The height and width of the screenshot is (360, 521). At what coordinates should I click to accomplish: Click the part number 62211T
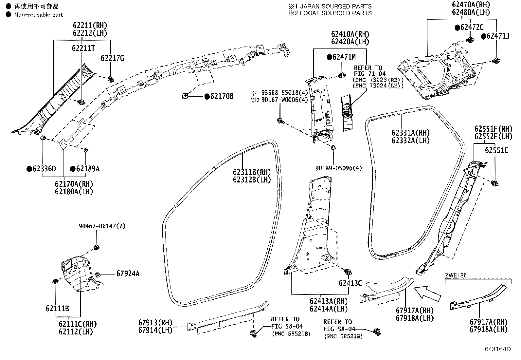point(83,48)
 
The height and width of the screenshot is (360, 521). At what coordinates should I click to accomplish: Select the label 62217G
point(112,58)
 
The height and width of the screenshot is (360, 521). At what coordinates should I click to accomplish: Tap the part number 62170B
point(222,96)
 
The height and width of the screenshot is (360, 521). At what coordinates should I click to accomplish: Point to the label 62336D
point(44,168)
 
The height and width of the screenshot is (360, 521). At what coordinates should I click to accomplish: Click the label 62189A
point(88,168)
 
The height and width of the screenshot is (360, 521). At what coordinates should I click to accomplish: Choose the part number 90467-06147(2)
point(102,226)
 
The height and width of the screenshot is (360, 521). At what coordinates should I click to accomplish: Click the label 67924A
point(128,274)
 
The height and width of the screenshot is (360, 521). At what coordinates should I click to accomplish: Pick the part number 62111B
point(57,308)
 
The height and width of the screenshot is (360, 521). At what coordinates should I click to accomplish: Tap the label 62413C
point(350,283)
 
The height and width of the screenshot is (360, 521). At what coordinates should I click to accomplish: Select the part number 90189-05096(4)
point(338,168)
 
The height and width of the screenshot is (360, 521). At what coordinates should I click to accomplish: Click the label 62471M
point(344,57)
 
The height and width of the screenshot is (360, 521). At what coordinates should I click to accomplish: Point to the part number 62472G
point(472,27)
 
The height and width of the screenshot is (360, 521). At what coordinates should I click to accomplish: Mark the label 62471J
point(498,36)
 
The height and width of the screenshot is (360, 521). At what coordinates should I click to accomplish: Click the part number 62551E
point(496,150)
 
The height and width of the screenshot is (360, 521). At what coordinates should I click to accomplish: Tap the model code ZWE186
point(456,275)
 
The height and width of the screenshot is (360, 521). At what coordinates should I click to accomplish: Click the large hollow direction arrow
point(427,294)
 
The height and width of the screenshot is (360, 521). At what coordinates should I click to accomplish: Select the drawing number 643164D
point(498,349)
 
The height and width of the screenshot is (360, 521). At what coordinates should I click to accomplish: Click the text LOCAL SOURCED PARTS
point(336,13)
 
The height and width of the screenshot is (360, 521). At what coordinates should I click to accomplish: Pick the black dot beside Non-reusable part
point(9,14)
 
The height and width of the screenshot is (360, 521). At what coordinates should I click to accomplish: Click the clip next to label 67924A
point(98,275)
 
